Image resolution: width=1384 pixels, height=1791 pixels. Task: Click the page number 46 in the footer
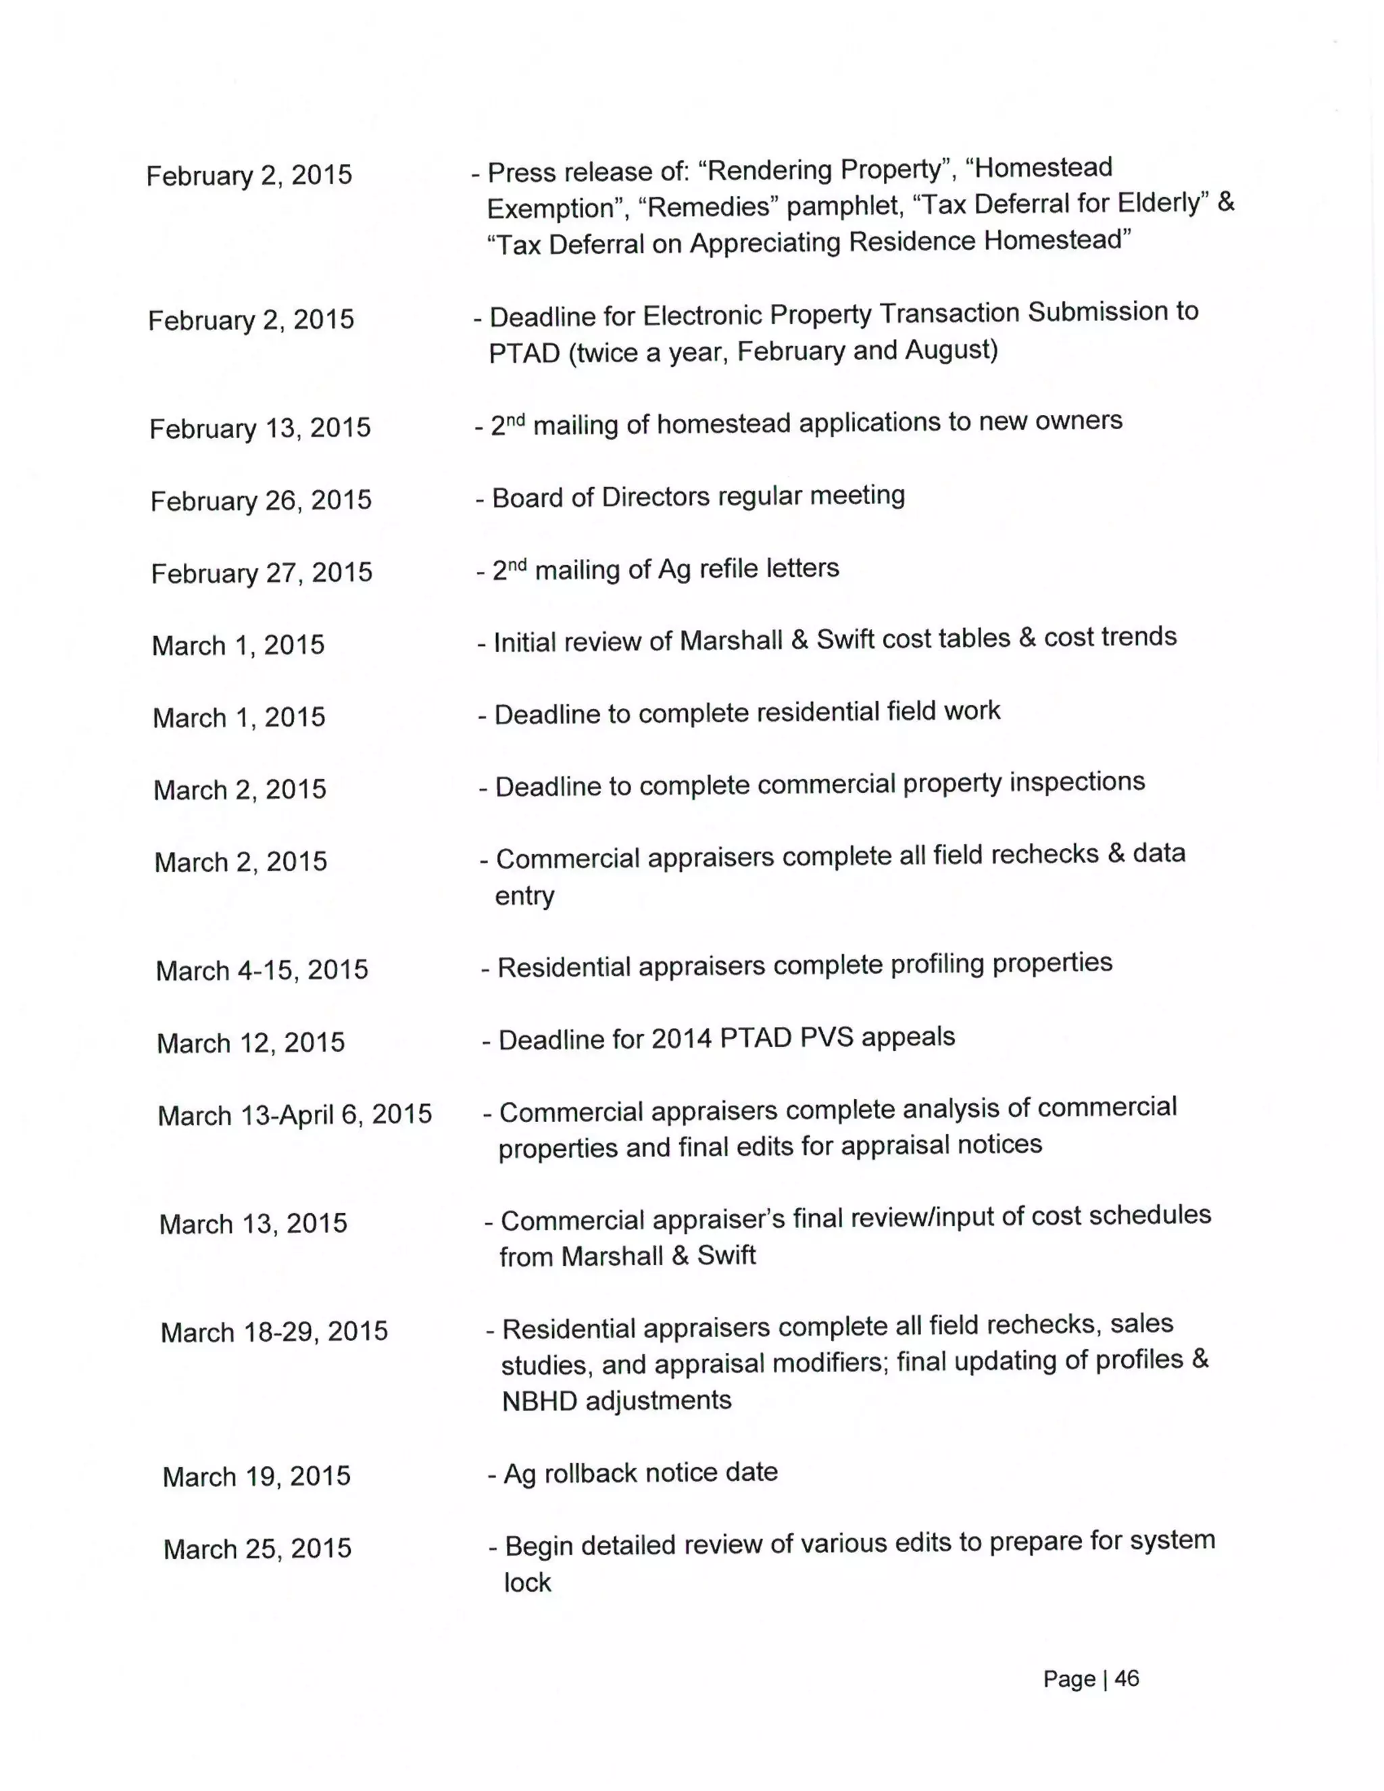[1127, 1678]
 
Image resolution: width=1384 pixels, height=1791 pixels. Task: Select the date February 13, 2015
[260, 428]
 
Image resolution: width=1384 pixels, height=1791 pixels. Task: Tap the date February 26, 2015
[261, 500]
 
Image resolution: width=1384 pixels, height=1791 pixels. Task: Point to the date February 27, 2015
[262, 572]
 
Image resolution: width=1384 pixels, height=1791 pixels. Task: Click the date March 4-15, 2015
[262, 970]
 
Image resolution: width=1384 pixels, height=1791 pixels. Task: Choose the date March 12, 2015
[251, 1043]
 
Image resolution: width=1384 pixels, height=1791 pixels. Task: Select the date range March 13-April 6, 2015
[295, 1114]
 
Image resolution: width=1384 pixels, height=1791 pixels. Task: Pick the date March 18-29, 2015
[274, 1332]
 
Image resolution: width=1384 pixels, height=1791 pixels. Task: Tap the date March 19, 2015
[257, 1476]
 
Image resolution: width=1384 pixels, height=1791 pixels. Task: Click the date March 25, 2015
[257, 1548]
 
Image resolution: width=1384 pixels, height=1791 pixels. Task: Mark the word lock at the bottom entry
[527, 1582]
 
